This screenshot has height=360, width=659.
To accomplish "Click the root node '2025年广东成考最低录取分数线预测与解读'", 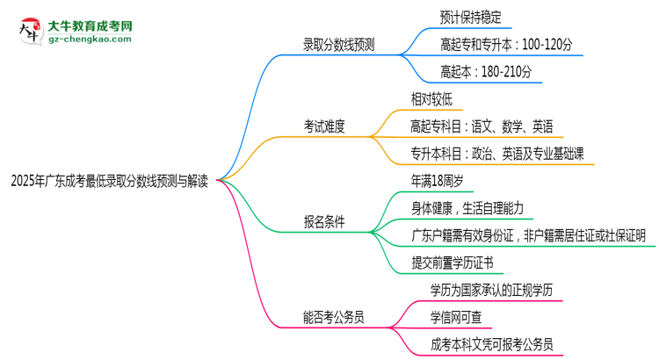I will coord(110,182).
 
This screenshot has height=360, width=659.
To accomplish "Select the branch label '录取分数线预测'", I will coord(338,45).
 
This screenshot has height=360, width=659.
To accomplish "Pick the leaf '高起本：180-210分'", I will coord(486,71).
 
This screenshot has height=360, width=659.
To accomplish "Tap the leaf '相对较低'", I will coord(431,97).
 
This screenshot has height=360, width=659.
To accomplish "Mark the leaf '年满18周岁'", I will coord(437,180).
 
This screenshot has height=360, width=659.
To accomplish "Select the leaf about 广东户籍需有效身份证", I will coord(528,234).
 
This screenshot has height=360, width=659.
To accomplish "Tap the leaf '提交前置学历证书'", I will coord(452,263).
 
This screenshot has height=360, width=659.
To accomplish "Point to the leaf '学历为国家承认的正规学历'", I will coord(491,289).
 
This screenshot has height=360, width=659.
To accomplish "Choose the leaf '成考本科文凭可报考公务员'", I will coord(491,344).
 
